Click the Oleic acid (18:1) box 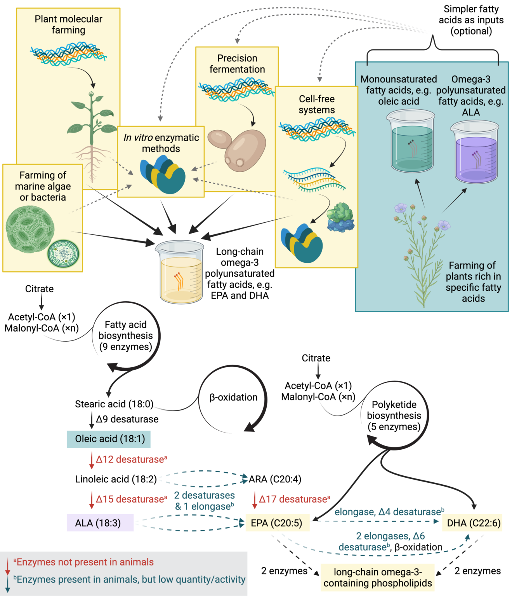pyautogui.click(x=109, y=439)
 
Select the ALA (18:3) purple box pyautogui.click(x=100, y=523)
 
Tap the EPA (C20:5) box pyautogui.click(x=277, y=523)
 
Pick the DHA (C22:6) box pyautogui.click(x=473, y=523)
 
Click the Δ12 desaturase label pyautogui.click(x=131, y=459)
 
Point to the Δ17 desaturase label pyautogui.click(x=294, y=499)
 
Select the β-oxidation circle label pyautogui.click(x=233, y=397)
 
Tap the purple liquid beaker pyautogui.click(x=475, y=152)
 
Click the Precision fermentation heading pyautogui.click(x=237, y=64)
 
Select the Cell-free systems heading pyautogui.click(x=316, y=104)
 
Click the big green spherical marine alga pyautogui.click(x=30, y=229)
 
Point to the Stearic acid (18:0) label pyautogui.click(x=114, y=404)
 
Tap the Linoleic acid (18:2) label pyautogui.click(x=116, y=479)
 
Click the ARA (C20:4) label pyautogui.click(x=275, y=479)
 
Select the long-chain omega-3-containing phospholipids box pyautogui.click(x=377, y=578)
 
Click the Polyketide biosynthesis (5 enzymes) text pyautogui.click(x=394, y=415)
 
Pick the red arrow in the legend pyautogui.click(x=7, y=566)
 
